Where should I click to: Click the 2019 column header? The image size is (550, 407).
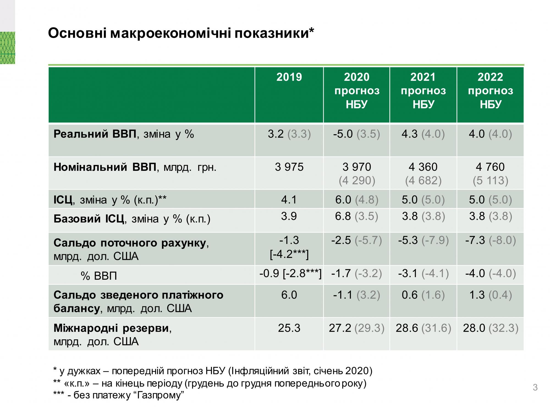click(x=289, y=77)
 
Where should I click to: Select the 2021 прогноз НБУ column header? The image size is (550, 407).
click(x=423, y=91)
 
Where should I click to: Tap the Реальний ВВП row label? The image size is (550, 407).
click(x=124, y=134)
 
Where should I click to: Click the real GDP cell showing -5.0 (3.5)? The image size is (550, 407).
click(x=356, y=134)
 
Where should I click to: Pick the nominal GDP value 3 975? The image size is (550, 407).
click(x=289, y=167)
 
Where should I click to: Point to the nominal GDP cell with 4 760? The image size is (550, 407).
click(x=490, y=173)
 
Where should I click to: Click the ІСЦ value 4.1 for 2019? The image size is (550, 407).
click(x=289, y=200)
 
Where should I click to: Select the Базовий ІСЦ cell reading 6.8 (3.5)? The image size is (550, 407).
click(x=356, y=216)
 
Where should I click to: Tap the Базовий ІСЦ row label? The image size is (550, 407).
click(x=132, y=219)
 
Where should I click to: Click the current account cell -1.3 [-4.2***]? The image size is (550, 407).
click(x=289, y=247)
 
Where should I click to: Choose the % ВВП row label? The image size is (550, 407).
click(x=99, y=276)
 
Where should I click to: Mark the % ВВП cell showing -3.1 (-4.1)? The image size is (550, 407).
click(x=423, y=273)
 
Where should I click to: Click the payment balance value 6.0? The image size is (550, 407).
click(x=289, y=295)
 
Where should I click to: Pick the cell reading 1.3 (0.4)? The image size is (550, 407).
click(x=490, y=295)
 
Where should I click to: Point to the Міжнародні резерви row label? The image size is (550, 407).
click(x=113, y=328)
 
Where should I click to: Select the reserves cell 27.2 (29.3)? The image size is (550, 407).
click(x=356, y=328)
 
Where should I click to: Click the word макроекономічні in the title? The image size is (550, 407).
click(x=170, y=33)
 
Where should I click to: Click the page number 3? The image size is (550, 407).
click(x=535, y=387)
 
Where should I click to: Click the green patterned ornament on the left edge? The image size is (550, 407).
click(x=7, y=48)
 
